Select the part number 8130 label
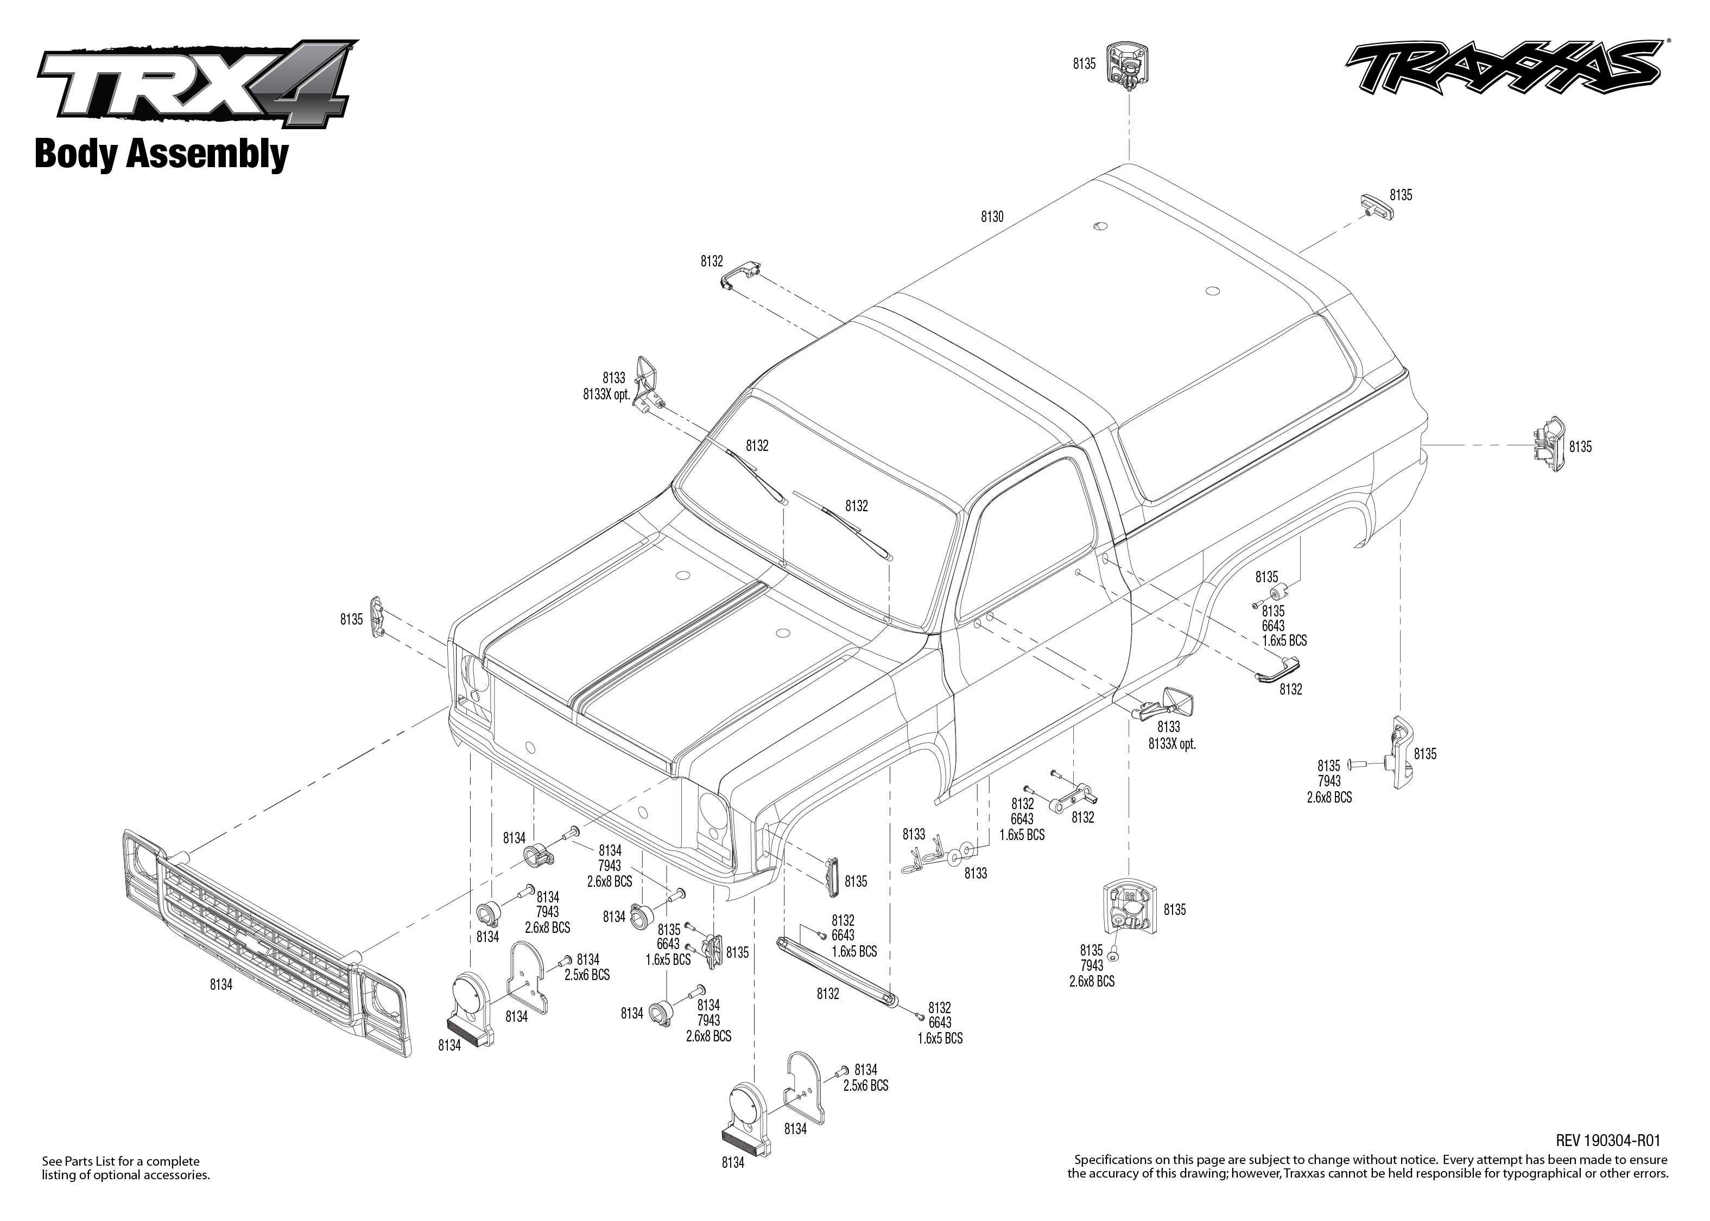tap(992, 217)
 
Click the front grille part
tap(267, 944)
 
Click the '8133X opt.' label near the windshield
tap(606, 394)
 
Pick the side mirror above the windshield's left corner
tap(648, 384)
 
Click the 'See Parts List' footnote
tap(125, 1168)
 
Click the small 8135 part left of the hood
tap(377, 616)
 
